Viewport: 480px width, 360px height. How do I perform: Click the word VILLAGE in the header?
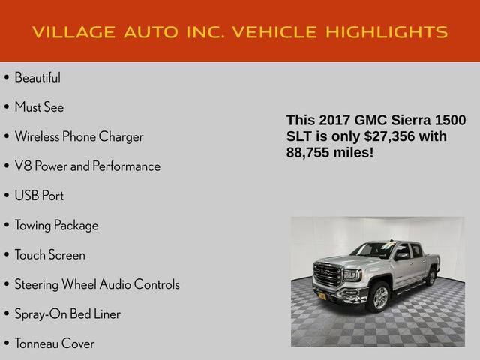pyautogui.click(x=73, y=32)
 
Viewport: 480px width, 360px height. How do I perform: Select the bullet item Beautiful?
pyautogui.click(x=37, y=77)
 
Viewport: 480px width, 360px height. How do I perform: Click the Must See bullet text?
pyautogui.click(x=39, y=107)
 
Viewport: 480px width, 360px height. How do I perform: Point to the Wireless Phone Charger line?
pyautogui.click(x=79, y=136)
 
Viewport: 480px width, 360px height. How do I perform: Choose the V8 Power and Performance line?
pyautogui.click(x=87, y=166)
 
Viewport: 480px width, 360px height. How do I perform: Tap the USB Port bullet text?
pyautogui.click(x=39, y=196)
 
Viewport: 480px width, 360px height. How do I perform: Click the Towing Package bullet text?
pyautogui.click(x=56, y=225)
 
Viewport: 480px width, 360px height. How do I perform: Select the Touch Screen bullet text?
pyautogui.click(x=49, y=255)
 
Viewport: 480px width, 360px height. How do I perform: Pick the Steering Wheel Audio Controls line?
pyautogui.click(x=97, y=284)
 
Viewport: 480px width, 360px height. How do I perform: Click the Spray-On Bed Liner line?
pyautogui.click(x=67, y=313)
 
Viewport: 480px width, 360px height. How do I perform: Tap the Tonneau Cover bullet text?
pyautogui.click(x=55, y=343)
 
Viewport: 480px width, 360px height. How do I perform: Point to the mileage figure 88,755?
pyautogui.click(x=310, y=152)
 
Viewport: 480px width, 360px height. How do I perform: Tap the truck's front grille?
pyautogui.click(x=328, y=274)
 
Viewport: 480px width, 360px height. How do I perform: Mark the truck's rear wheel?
pyautogui.click(x=431, y=277)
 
